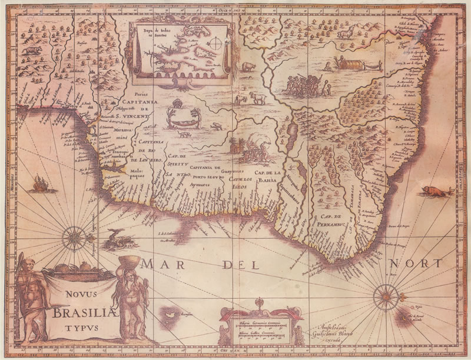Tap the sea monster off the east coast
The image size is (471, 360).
pyautogui.click(x=435, y=191)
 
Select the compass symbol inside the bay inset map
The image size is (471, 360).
pyautogui.click(x=217, y=43)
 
